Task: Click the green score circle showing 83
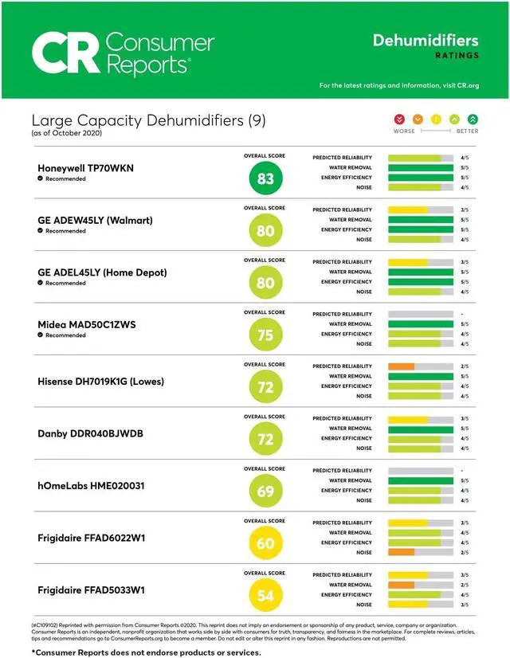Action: click(x=265, y=178)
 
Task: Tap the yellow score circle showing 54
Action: click(x=265, y=595)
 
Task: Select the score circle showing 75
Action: click(x=265, y=335)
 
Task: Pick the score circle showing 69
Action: click(x=265, y=491)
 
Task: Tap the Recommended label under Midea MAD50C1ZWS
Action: click(x=65, y=335)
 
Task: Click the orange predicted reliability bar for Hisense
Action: click(x=401, y=366)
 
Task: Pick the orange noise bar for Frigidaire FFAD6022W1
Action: click(x=401, y=552)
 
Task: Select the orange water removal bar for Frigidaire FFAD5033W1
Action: click(x=401, y=585)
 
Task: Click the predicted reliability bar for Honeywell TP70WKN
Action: click(x=414, y=158)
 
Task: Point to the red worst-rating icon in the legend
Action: click(x=399, y=119)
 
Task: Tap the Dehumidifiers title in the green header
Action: click(x=426, y=40)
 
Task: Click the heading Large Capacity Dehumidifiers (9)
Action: click(x=148, y=120)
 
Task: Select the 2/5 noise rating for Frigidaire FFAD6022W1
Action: click(x=464, y=552)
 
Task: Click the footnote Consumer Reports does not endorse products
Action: click(x=146, y=652)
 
